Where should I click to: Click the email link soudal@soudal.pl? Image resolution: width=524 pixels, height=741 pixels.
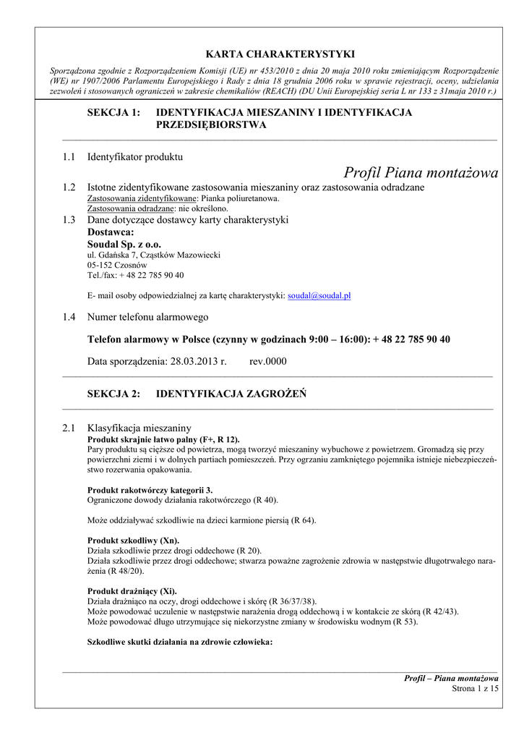tap(319, 296)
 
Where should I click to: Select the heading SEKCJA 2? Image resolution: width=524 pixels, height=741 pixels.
tap(113, 394)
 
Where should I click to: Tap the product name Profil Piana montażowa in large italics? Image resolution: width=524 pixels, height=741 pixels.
tap(421, 172)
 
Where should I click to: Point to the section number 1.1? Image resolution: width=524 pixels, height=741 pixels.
tap(69, 156)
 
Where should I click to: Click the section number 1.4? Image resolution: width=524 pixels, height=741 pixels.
tap(69, 317)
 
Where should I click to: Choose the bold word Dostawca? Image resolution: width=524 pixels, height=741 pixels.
tap(111, 232)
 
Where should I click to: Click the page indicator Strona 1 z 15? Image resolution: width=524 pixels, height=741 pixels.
tap(475, 689)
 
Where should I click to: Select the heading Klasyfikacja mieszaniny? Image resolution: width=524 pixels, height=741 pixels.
tap(139, 428)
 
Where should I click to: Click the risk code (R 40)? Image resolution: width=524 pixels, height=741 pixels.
tap(264, 500)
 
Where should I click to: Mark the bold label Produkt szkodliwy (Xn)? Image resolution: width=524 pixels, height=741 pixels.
tap(133, 541)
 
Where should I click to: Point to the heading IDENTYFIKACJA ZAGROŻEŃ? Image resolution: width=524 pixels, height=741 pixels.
tap(231, 394)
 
